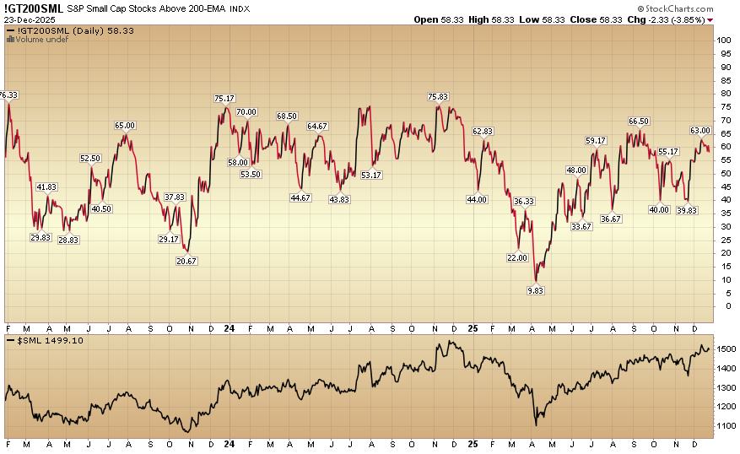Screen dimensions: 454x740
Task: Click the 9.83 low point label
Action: (x=536, y=289)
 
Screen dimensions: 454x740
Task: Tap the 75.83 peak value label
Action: (x=438, y=97)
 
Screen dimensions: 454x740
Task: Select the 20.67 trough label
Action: (x=187, y=261)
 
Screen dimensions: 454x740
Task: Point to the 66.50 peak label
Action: (x=639, y=122)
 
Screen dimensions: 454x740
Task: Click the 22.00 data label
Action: (x=517, y=257)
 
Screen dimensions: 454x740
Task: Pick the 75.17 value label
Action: (x=224, y=99)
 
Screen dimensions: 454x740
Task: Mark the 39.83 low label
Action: (x=687, y=210)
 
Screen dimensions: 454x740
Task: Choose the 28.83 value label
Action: (x=68, y=240)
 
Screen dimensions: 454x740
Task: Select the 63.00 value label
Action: (x=700, y=131)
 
